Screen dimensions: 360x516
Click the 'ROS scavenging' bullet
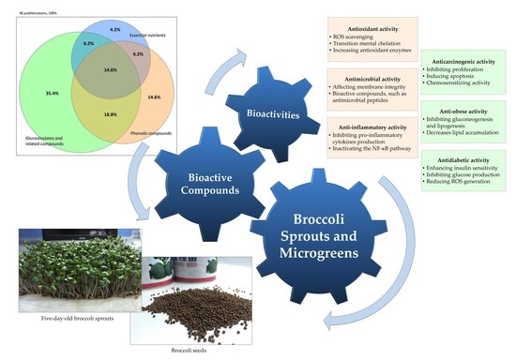[315, 24]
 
